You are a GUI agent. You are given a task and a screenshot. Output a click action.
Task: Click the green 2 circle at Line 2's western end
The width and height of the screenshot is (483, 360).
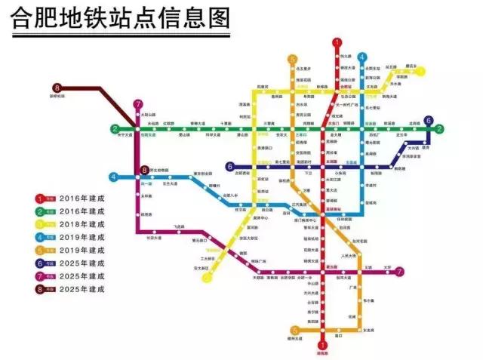click(115, 129)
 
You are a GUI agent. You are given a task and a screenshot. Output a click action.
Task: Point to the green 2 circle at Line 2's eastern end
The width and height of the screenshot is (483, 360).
click(439, 129)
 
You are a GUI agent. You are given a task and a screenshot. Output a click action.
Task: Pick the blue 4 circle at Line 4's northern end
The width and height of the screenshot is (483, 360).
click(362, 57)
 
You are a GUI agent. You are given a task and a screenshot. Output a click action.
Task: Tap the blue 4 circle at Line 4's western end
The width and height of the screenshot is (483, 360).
click(114, 177)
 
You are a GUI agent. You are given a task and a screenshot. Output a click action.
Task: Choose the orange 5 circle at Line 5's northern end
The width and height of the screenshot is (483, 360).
click(292, 58)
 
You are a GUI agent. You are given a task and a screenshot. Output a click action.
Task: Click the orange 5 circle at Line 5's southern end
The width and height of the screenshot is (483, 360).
click(294, 329)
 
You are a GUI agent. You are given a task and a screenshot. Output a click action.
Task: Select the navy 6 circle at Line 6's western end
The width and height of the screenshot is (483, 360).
click(229, 166)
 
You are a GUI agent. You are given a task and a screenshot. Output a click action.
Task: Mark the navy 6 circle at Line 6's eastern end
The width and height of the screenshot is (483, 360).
click(429, 120)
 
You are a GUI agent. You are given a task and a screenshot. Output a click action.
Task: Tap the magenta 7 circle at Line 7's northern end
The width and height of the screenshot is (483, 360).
click(137, 104)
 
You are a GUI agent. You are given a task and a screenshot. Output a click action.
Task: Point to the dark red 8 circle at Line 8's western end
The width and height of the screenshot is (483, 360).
click(57, 88)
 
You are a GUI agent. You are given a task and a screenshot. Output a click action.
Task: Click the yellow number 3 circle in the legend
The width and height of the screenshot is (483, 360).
click(40, 224)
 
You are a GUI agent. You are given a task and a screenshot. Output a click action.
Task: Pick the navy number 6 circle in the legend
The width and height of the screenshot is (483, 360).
click(40, 263)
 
